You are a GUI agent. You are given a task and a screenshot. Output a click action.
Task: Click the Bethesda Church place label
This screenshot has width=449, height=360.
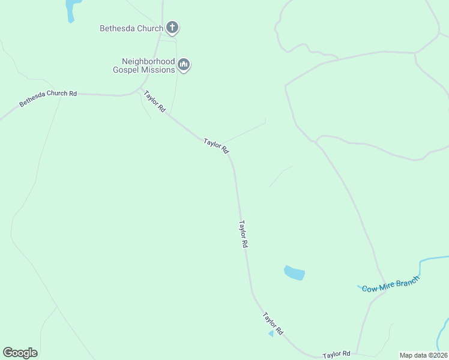(x=131, y=28)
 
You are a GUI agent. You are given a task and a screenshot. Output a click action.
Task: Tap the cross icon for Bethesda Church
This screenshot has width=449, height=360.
(x=172, y=27)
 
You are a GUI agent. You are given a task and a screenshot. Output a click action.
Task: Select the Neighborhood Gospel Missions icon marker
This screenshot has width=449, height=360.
(x=184, y=65)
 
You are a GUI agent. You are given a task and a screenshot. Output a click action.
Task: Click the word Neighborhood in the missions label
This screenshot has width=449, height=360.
(x=148, y=61)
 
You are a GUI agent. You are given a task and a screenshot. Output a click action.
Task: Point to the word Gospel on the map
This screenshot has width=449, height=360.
(x=126, y=70)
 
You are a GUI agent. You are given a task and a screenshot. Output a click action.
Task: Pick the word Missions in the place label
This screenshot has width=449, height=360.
(x=158, y=70)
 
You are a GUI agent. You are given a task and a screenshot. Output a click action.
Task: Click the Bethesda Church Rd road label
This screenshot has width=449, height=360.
(x=48, y=98)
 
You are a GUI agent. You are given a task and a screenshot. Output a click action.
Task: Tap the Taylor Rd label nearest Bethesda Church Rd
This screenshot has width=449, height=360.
(x=154, y=101)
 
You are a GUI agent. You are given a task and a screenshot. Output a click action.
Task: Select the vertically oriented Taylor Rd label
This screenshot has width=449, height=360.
(x=243, y=235)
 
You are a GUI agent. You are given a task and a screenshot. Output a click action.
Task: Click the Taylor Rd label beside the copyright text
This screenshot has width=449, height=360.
(x=336, y=355)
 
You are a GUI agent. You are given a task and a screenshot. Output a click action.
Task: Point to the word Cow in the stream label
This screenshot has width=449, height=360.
(x=370, y=289)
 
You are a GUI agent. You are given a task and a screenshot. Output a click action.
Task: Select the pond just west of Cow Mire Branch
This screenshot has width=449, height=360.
(x=294, y=273)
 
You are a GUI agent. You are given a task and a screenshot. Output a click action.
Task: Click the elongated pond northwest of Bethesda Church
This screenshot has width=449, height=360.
(x=71, y=9)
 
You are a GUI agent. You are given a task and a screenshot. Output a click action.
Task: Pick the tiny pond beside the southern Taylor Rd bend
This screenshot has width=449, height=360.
(x=271, y=333)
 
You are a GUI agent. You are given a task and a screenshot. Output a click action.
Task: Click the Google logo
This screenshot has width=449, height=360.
(x=20, y=353)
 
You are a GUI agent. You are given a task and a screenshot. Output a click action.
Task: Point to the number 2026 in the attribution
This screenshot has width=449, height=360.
(x=439, y=355)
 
